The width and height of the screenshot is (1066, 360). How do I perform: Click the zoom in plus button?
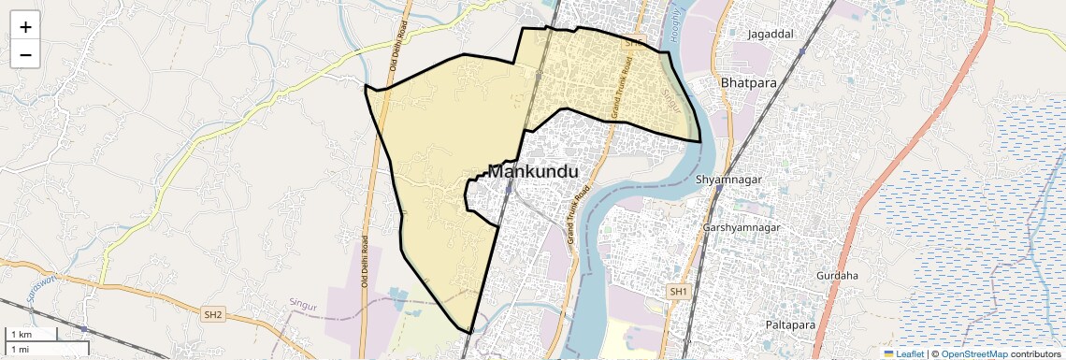tap(25, 27)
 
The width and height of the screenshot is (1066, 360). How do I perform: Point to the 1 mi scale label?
tap(20, 349)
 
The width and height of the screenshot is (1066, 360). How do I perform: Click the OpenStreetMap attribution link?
tap(973, 353)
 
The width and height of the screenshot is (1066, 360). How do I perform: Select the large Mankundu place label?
tap(533, 172)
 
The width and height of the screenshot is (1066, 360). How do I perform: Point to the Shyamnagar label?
tap(729, 179)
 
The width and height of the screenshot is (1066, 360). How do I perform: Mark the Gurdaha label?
tap(837, 276)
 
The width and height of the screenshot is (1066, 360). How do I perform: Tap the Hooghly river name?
tap(672, 17)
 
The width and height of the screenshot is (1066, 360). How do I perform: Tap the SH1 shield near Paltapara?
tap(678, 292)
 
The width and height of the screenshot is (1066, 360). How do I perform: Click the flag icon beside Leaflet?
tap(888, 353)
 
